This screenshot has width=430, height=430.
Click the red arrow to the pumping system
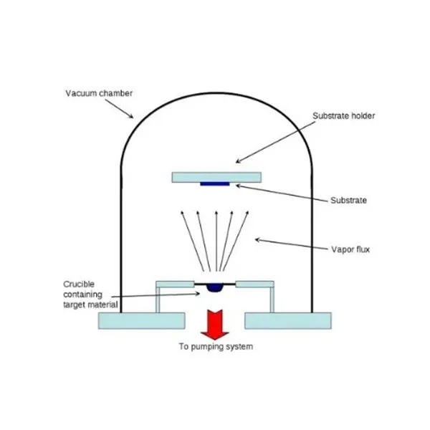(214, 324)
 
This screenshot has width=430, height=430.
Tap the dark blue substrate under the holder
(215, 184)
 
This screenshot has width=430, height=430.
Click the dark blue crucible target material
(214, 288)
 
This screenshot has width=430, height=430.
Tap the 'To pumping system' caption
(215, 348)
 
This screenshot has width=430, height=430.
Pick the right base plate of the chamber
(287, 320)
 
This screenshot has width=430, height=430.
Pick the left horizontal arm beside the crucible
(176, 284)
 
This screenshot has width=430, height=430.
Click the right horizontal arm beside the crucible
(255, 284)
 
